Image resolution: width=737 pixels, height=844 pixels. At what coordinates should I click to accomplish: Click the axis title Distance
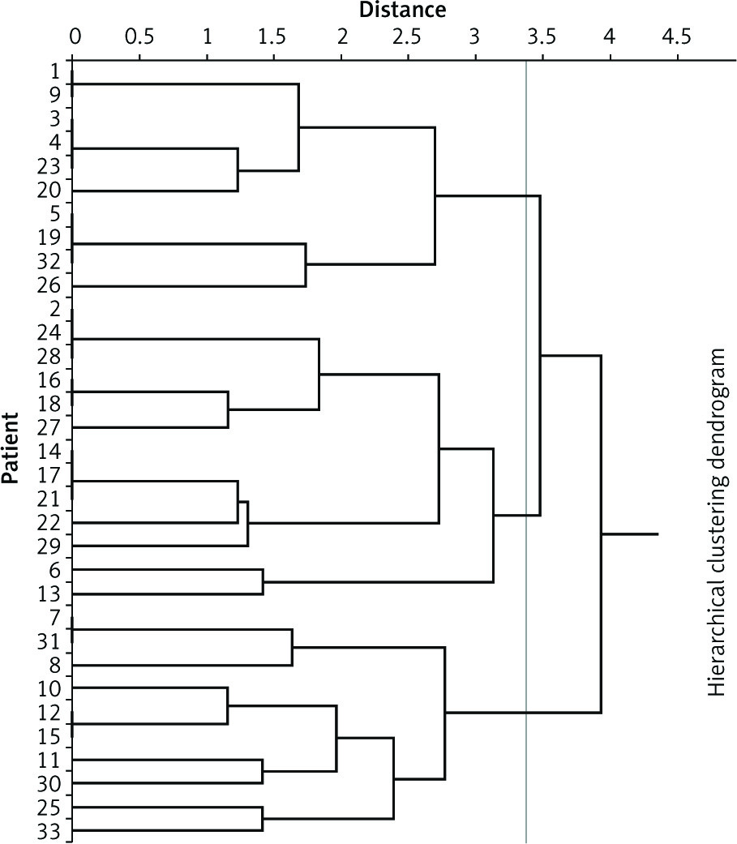pyautogui.click(x=403, y=10)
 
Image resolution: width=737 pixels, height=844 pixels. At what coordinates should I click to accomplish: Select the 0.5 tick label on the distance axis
pyautogui.click(x=139, y=36)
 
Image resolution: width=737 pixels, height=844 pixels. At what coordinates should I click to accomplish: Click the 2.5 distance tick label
pyautogui.click(x=408, y=36)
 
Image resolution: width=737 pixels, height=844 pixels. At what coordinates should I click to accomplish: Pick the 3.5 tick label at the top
pyautogui.click(x=542, y=36)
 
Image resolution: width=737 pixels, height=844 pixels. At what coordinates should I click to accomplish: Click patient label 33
pyautogui.click(x=49, y=831)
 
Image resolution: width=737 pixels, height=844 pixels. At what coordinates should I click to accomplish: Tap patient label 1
pyautogui.click(x=55, y=71)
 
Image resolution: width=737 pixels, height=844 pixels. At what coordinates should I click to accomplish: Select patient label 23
pyautogui.click(x=49, y=166)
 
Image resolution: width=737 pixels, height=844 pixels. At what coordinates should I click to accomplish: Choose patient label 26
pyautogui.click(x=49, y=285)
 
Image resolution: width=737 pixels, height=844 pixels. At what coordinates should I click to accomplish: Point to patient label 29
pyautogui.click(x=49, y=546)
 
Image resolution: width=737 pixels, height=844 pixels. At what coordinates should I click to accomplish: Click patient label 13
pyautogui.click(x=49, y=594)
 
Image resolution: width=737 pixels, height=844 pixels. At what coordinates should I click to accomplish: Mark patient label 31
pyautogui.click(x=49, y=641)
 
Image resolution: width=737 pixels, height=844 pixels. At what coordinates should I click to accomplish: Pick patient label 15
pyautogui.click(x=49, y=736)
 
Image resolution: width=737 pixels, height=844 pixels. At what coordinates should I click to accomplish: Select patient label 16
pyautogui.click(x=49, y=380)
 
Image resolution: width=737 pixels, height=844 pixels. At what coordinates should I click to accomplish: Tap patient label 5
pyautogui.click(x=55, y=214)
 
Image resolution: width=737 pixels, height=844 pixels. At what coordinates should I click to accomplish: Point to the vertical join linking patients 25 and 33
pyautogui.click(x=262, y=819)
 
